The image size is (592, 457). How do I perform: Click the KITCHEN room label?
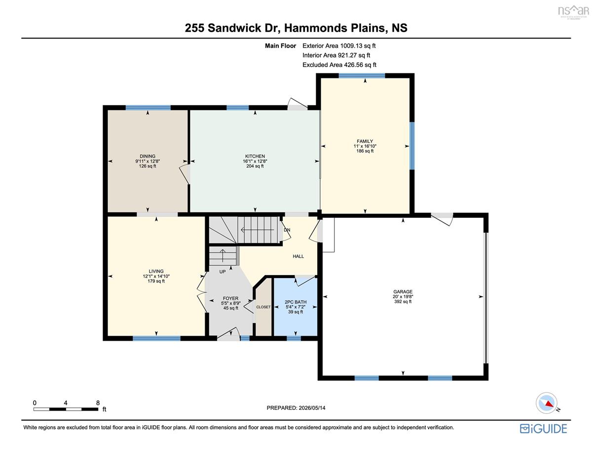pyautogui.click(x=255, y=156)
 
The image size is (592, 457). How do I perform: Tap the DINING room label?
pyautogui.click(x=148, y=156)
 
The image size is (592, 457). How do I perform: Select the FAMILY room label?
pyautogui.click(x=365, y=141)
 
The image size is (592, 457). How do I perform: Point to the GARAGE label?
pyautogui.click(x=403, y=291)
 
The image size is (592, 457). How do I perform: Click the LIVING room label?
pyautogui.click(x=156, y=271)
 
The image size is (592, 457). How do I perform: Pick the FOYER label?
pyautogui.click(x=230, y=298)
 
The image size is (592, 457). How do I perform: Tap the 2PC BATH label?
pyautogui.click(x=296, y=302)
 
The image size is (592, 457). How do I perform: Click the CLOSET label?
pyautogui.click(x=263, y=307)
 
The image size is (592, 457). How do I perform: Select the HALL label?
pyautogui.click(x=298, y=256)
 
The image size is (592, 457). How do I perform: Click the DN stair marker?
pyautogui.click(x=287, y=230)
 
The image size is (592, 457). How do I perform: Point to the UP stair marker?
pyautogui.click(x=222, y=272)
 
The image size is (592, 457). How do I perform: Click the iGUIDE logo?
pyautogui.click(x=543, y=428)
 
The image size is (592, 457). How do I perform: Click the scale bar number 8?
pyautogui.click(x=98, y=403)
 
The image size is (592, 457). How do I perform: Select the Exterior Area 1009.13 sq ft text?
pyautogui.click(x=339, y=46)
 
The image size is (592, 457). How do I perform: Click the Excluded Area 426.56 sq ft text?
pyautogui.click(x=339, y=65)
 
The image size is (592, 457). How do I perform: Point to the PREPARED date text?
pyautogui.click(x=296, y=408)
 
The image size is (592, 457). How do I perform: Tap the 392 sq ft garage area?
pyautogui.click(x=403, y=302)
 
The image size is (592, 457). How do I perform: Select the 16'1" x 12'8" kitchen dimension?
pyautogui.click(x=255, y=161)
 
